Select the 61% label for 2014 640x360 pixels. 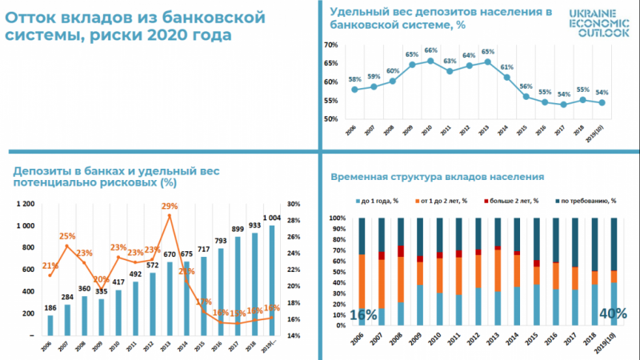(x=506, y=67)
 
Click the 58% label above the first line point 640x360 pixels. (x=354, y=79)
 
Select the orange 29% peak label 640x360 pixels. (x=169, y=206)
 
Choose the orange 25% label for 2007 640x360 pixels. (x=67, y=236)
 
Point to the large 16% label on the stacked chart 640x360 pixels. (x=363, y=314)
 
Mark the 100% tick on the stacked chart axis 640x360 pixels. (x=336, y=218)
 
